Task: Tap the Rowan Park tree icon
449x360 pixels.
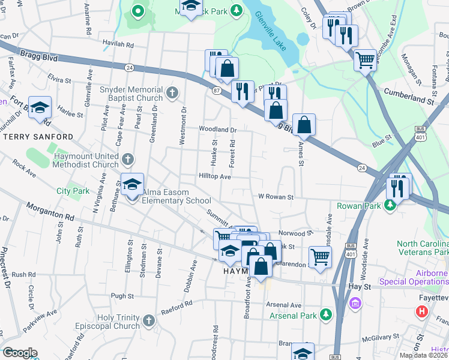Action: point(390,205)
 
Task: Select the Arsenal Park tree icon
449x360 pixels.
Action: point(326,314)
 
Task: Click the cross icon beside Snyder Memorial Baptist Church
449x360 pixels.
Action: point(172,92)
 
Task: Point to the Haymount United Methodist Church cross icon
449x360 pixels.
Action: point(128,159)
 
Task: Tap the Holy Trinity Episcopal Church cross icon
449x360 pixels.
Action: point(149,320)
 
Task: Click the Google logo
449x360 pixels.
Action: point(19,353)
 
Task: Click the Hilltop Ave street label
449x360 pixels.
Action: point(215,177)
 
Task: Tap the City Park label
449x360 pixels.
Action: point(73,191)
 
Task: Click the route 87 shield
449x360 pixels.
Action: point(215,90)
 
